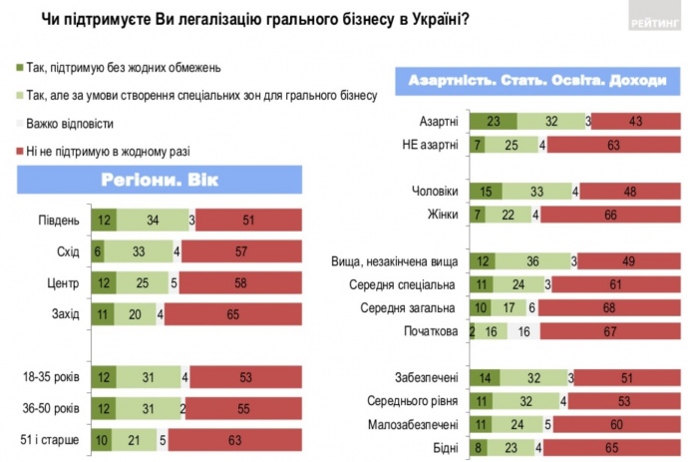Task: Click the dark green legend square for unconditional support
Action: click(22, 68)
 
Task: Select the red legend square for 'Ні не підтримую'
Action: click(22, 152)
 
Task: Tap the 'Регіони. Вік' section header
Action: click(159, 181)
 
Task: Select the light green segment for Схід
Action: click(139, 252)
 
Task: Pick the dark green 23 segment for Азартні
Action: click(493, 122)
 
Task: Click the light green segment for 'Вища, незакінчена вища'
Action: click(535, 261)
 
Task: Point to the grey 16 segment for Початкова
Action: click(523, 331)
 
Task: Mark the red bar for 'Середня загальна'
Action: click(607, 308)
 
